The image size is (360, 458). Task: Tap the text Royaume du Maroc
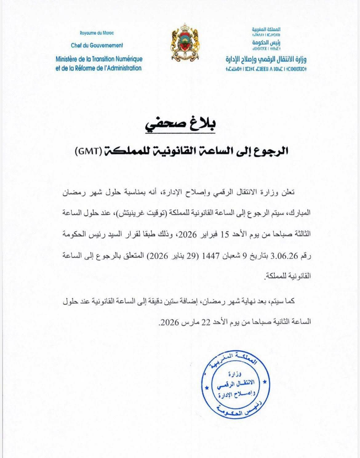point(96,33)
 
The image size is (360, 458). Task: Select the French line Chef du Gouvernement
point(97,45)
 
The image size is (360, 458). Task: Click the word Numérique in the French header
point(126,58)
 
